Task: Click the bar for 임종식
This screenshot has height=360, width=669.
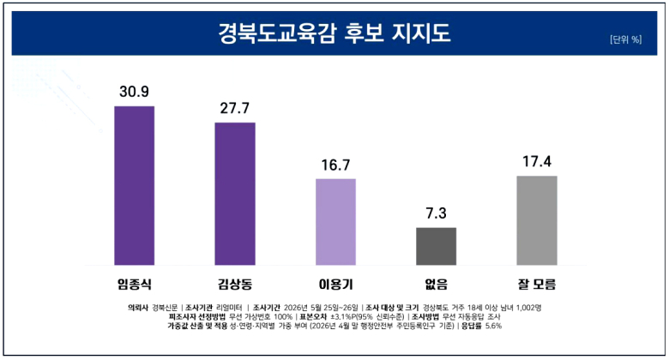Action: point(135,185)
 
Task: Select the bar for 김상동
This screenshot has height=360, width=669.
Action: point(235,194)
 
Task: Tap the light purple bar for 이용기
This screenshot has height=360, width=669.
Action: point(335,222)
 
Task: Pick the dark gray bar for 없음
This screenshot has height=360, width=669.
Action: point(436,246)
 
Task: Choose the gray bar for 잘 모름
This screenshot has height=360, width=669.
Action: point(537,220)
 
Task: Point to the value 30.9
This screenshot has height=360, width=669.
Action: point(135,91)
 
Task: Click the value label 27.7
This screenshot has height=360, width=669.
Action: point(235,108)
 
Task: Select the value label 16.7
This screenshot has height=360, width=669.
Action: point(335,165)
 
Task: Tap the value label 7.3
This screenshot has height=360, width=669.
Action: point(436,213)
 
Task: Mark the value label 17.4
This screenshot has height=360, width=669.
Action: point(537,161)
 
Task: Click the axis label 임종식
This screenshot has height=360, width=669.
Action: point(135,284)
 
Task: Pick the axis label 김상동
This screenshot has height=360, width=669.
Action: point(235,284)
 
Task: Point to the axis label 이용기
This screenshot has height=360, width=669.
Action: point(335,284)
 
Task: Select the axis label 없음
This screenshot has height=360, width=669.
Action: point(436,284)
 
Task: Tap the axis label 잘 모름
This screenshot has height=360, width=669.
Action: point(537,284)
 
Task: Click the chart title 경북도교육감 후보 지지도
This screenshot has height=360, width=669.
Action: point(334,33)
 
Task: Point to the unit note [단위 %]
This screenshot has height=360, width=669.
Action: point(625,39)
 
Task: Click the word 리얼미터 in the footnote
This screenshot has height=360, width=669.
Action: point(229,308)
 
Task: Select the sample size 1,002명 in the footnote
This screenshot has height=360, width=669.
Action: point(528,308)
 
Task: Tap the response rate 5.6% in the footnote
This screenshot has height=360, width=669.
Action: point(494,326)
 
